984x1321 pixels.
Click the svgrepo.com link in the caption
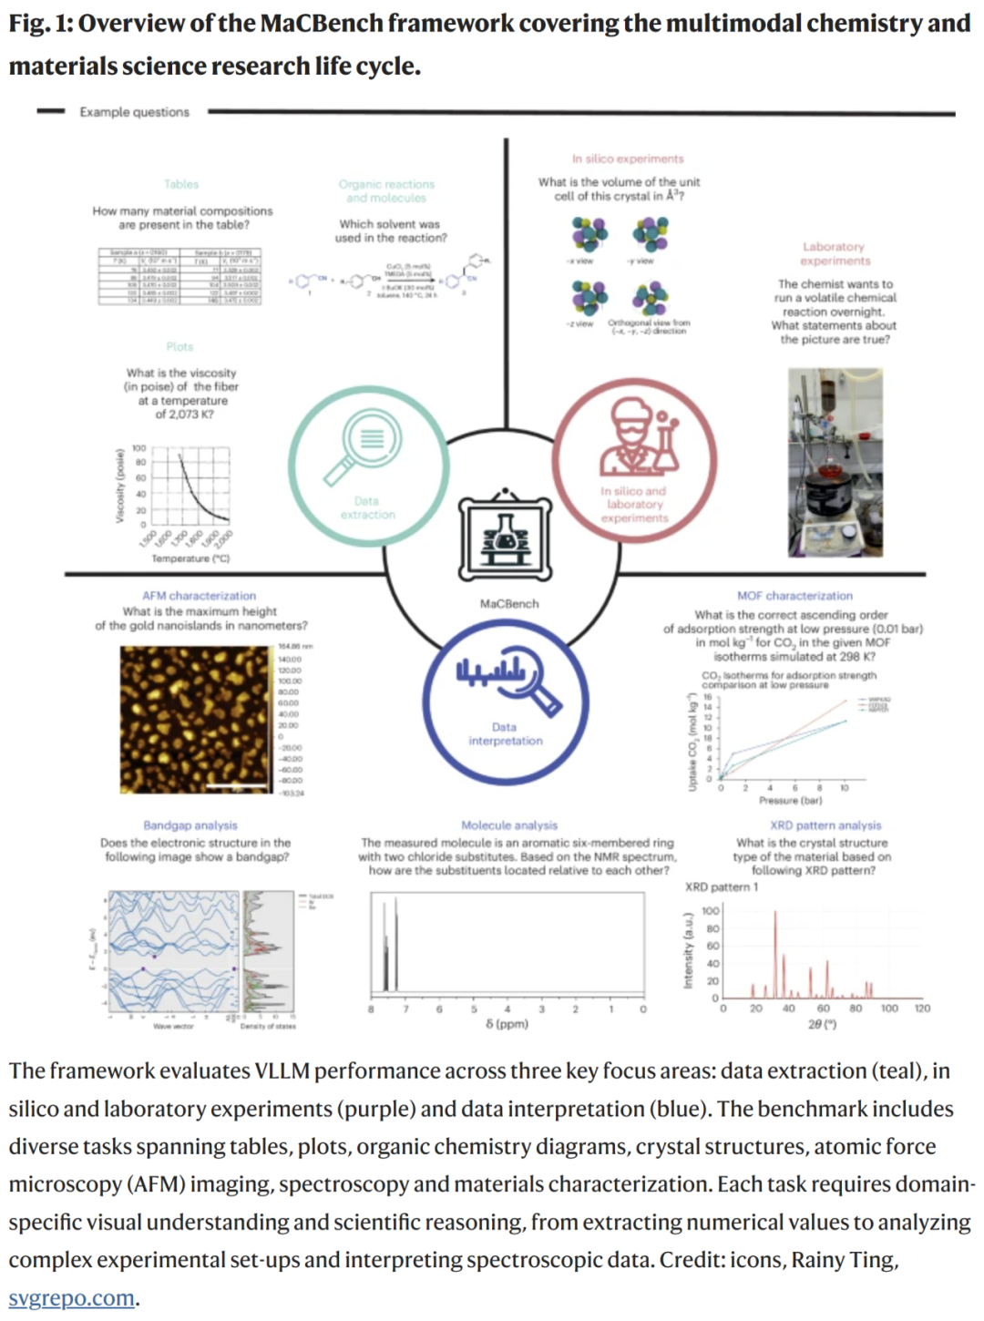tap(71, 1297)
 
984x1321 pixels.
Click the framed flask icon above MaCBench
tap(505, 538)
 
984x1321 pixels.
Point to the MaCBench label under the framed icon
tap(509, 604)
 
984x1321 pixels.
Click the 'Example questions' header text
tap(134, 112)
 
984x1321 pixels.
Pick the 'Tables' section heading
tap(181, 184)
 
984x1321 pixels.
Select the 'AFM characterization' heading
tap(199, 596)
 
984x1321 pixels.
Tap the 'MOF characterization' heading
tap(794, 596)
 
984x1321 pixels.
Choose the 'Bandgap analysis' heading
tap(190, 825)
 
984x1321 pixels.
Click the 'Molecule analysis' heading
tap(508, 825)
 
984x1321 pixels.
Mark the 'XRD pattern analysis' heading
tap(825, 825)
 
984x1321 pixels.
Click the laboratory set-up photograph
tap(835, 462)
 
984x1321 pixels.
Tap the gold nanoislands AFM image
tap(197, 720)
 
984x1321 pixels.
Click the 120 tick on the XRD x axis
tap(922, 1009)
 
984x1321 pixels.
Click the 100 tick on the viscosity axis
tap(139, 448)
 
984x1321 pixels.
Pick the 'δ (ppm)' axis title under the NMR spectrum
tap(507, 1024)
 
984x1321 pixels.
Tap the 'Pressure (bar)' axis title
tap(790, 801)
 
